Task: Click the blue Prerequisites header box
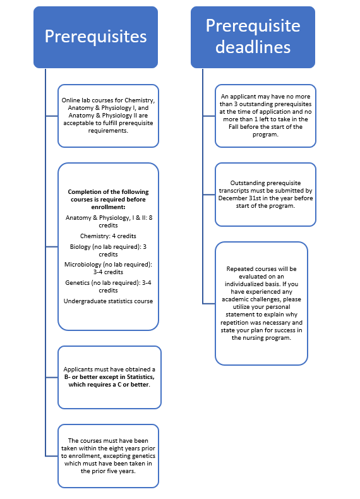point(95,37)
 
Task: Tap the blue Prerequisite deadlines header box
point(253,37)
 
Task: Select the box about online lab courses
point(108,116)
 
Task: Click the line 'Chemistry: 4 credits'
point(108,236)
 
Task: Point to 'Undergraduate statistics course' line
point(108,301)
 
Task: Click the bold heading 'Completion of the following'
point(108,192)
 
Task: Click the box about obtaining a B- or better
point(109,378)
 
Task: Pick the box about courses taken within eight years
point(108,456)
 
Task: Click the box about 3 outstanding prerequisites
point(265,116)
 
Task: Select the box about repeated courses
point(261,304)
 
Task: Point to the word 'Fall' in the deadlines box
point(233,127)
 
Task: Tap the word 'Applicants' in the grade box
point(78,370)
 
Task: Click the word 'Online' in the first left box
point(70,100)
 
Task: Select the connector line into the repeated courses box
point(209,304)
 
